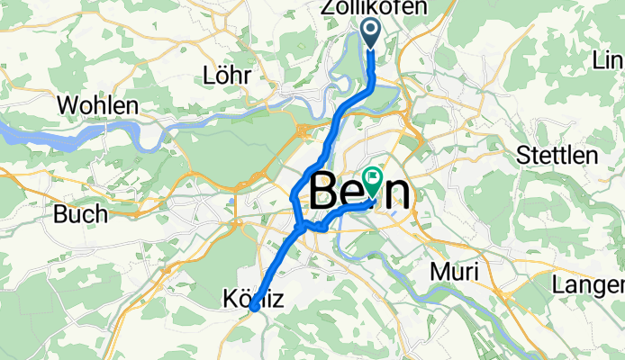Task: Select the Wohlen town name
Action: tap(97, 105)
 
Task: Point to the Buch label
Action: tap(80, 214)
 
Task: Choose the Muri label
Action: tap(458, 271)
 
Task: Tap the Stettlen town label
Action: tap(557, 155)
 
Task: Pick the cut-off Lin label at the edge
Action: tap(608, 60)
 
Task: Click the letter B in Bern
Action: tap(327, 193)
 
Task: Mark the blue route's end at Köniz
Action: tap(255, 307)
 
